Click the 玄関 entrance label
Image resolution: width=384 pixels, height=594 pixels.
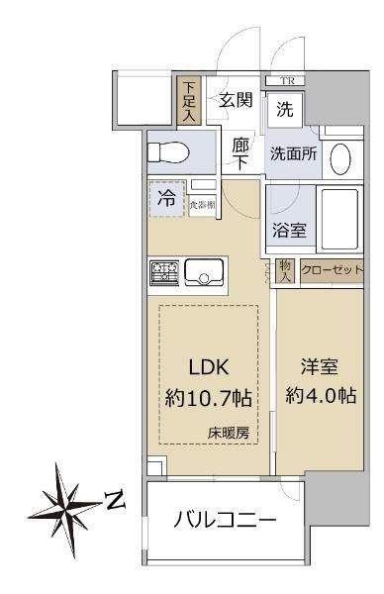tap(236, 100)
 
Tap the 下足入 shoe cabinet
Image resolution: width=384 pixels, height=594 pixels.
tap(189, 101)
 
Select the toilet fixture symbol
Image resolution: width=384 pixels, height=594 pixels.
tap(168, 152)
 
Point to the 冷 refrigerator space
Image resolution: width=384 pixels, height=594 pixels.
tap(167, 199)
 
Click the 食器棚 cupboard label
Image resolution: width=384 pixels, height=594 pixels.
tap(203, 205)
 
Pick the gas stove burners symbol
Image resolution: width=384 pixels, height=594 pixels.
tap(164, 272)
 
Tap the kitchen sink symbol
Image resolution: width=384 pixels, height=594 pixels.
tap(203, 272)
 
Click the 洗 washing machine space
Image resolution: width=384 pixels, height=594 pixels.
tap(285, 110)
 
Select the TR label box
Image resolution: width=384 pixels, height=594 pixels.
tap(285, 81)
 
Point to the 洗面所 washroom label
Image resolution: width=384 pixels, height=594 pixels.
tap(293, 153)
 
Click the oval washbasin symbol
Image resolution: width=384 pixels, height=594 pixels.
tap(340, 158)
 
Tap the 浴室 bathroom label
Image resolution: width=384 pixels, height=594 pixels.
tap(289, 230)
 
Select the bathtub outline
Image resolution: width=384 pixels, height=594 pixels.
tap(339, 219)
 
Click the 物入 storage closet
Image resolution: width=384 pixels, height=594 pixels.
tap(285, 271)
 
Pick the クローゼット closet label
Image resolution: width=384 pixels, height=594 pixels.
tap(333, 270)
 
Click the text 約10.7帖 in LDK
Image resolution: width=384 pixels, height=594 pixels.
tap(208, 398)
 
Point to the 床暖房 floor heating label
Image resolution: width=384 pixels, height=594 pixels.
tap(229, 433)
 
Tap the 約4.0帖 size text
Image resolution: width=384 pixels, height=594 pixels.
tap(321, 395)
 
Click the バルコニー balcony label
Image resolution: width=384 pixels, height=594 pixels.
tap(225, 519)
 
